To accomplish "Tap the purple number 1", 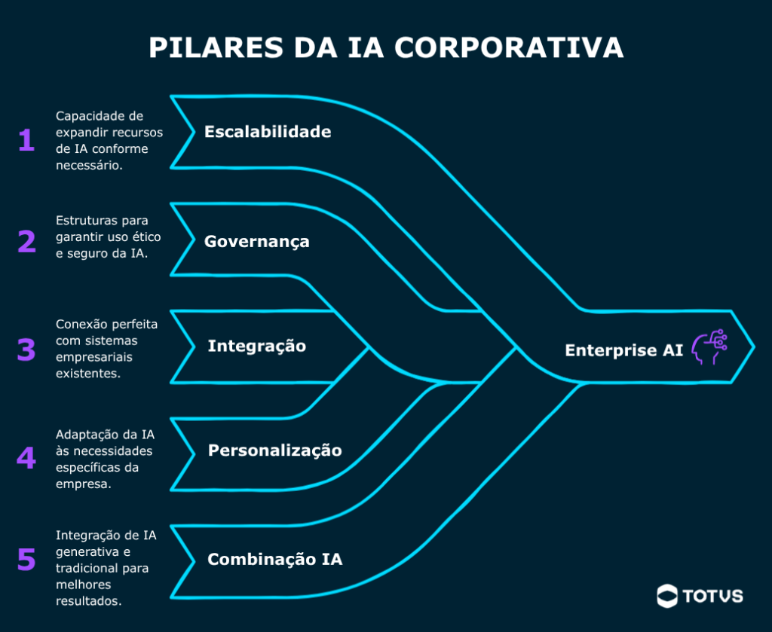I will [x=26, y=140].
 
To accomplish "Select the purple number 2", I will [x=26, y=242].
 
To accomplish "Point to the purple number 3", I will [x=26, y=349].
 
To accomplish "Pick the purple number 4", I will [x=26, y=458].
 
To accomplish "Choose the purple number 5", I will [x=26, y=560].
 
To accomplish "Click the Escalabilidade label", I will [x=268, y=132].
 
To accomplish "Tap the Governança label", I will [x=257, y=242].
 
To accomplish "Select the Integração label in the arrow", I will [x=257, y=346].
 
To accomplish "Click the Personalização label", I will [x=275, y=450].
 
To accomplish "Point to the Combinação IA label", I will [x=275, y=560].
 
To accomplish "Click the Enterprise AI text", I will [x=624, y=350].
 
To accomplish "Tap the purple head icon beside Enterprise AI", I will [x=709, y=347].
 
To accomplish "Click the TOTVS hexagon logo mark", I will [x=667, y=596].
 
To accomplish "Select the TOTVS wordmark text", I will [x=713, y=597].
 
